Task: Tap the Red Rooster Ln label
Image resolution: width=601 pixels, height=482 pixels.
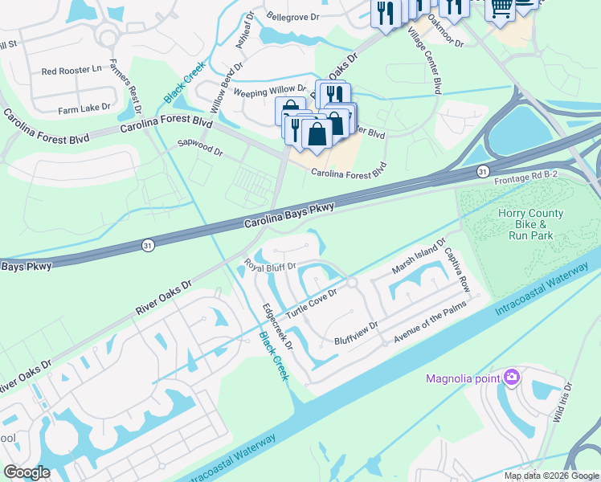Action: point(72,71)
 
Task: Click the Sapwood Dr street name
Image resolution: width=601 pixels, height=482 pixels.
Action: point(199,147)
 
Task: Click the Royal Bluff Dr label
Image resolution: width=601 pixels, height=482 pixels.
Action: point(271,265)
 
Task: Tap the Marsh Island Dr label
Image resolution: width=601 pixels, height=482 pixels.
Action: point(418,256)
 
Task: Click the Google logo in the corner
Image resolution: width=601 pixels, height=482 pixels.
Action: point(26,472)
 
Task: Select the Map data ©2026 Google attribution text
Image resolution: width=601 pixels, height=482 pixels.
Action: point(550,476)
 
